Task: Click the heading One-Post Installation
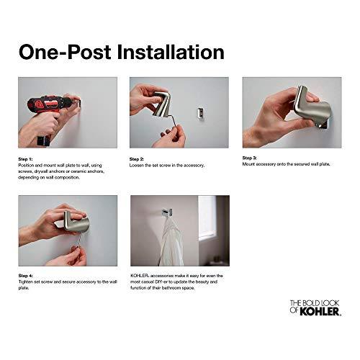click(x=121, y=52)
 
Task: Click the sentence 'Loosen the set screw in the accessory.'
click(x=167, y=165)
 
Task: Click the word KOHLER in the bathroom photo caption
click(x=141, y=275)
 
